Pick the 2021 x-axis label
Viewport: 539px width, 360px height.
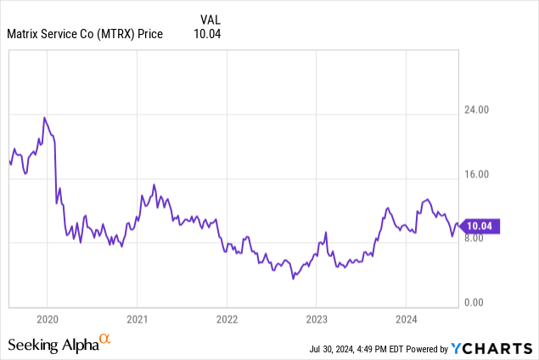[137, 319]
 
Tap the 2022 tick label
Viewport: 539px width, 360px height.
[227, 319]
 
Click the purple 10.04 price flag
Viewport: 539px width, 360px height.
[480, 226]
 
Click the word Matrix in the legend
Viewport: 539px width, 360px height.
[25, 34]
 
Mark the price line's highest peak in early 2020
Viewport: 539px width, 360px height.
[44, 118]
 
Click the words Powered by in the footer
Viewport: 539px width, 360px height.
[430, 349]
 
